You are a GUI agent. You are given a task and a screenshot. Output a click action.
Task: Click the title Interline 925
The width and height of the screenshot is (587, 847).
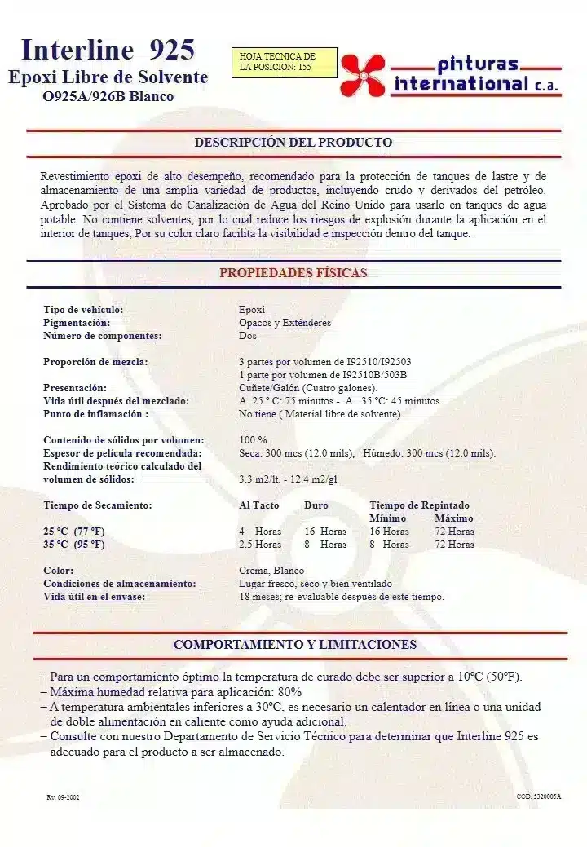(108, 50)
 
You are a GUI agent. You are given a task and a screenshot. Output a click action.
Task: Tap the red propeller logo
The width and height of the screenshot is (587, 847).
(363, 75)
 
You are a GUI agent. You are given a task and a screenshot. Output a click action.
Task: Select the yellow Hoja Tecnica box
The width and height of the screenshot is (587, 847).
(283, 62)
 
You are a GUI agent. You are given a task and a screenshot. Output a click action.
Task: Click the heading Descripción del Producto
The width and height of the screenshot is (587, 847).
(293, 143)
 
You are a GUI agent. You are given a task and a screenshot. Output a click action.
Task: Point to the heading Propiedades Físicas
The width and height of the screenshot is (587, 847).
(293, 273)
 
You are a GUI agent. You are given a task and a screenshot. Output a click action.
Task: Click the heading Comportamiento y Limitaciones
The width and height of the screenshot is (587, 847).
(294, 645)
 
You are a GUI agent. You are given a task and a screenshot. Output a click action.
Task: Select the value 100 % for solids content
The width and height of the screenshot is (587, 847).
(253, 440)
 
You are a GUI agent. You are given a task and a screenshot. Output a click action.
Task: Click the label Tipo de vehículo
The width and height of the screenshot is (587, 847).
(83, 310)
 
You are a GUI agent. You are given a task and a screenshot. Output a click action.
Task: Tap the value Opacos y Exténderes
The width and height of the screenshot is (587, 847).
(285, 323)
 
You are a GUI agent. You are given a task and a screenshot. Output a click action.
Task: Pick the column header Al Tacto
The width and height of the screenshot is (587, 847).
(258, 505)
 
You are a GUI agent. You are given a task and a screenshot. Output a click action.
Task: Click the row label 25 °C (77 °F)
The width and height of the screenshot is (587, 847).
(74, 532)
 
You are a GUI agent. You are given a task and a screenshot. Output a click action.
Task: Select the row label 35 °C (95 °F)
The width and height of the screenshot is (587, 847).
(74, 545)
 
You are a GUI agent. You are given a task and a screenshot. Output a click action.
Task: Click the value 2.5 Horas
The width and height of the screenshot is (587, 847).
(259, 545)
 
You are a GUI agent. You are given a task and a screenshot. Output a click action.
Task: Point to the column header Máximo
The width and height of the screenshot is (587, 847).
(453, 518)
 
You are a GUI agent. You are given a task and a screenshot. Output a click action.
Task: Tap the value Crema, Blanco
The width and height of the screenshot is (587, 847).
(271, 571)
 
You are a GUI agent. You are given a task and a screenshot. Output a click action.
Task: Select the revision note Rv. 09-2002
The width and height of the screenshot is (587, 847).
(63, 796)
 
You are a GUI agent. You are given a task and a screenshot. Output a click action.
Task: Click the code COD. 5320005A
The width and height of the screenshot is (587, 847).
(538, 796)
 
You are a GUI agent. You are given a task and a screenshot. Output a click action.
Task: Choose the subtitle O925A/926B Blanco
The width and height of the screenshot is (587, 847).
(108, 96)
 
